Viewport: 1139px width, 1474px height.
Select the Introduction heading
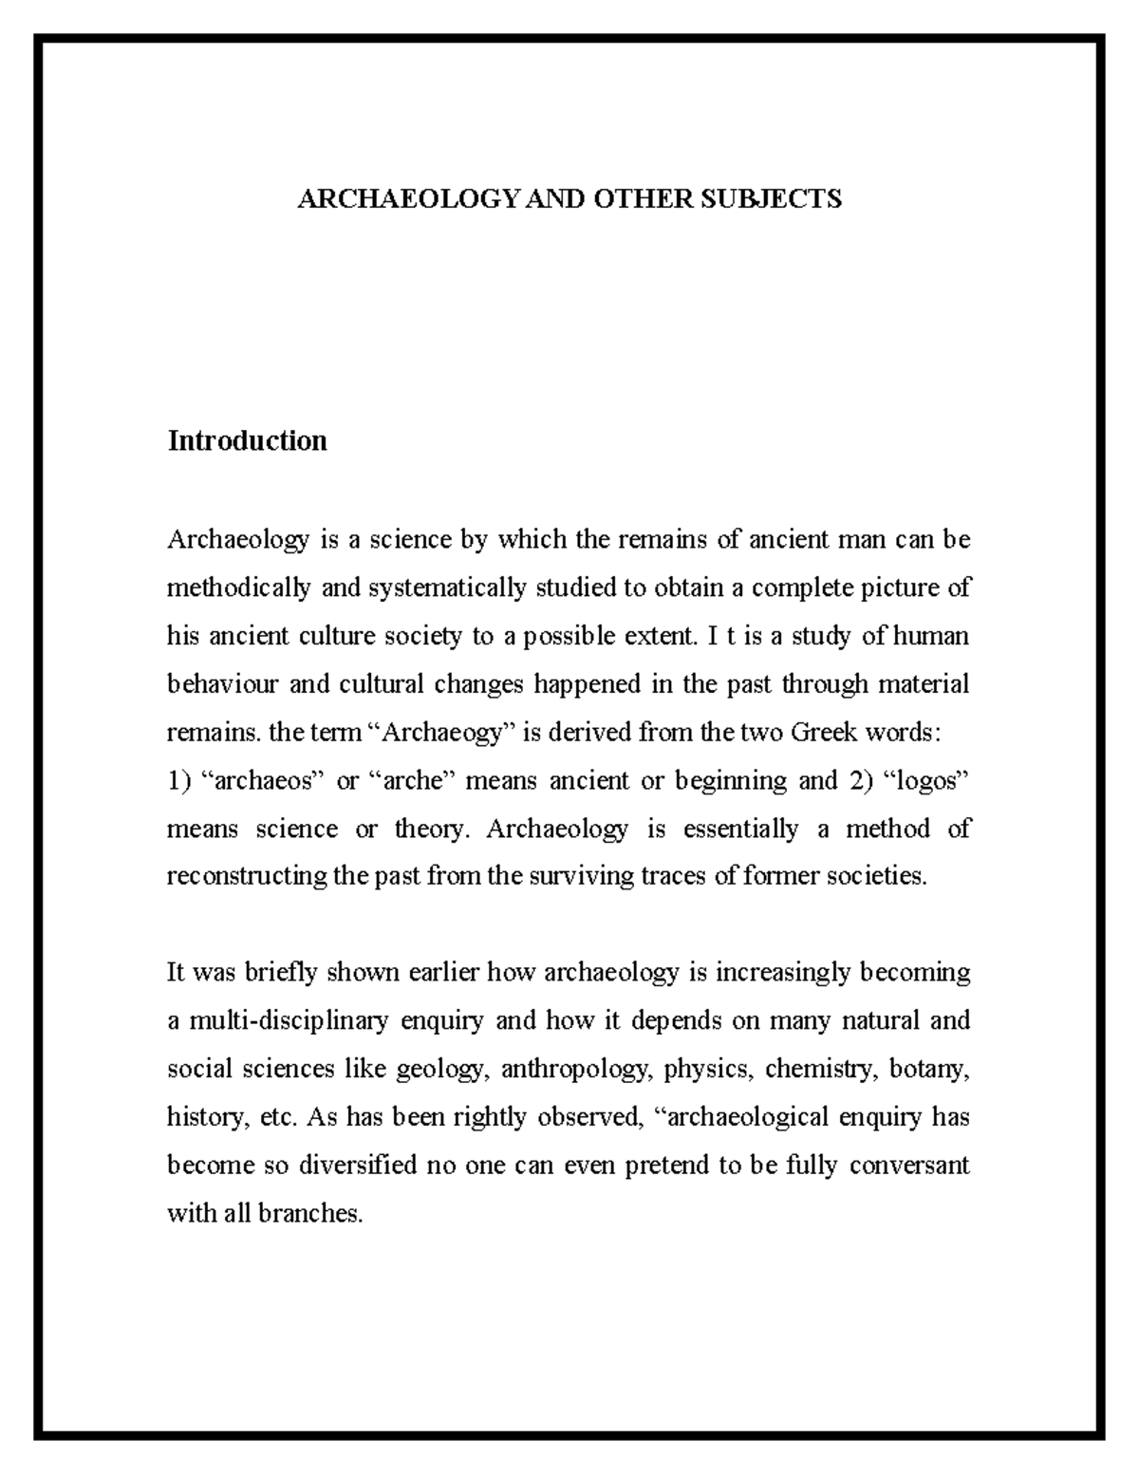click(x=247, y=441)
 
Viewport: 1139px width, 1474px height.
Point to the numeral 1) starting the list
click(x=178, y=781)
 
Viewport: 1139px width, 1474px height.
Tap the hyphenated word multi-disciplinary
click(x=289, y=1021)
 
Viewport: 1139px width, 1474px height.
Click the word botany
click(x=934, y=1070)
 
